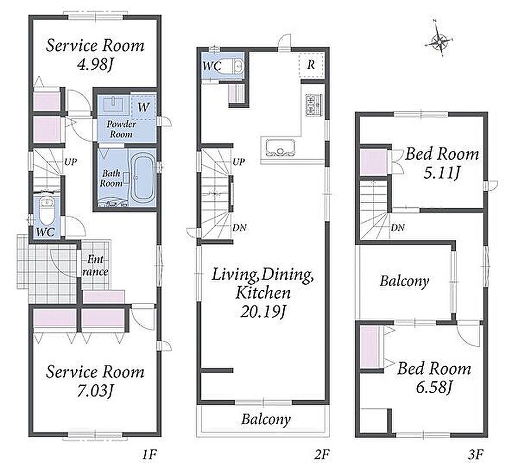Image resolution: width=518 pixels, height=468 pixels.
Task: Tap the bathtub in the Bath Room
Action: click(143, 178)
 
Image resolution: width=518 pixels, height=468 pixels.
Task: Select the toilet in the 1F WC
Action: click(47, 211)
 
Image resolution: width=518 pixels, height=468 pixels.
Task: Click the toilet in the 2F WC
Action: click(238, 66)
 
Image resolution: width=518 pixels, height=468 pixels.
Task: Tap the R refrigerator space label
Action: click(311, 65)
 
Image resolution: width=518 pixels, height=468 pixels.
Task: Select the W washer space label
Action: click(143, 107)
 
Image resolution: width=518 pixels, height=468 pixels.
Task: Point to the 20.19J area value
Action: click(263, 311)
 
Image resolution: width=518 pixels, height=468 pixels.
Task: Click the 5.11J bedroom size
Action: click(441, 173)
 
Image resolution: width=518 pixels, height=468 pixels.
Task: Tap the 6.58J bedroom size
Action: click(434, 387)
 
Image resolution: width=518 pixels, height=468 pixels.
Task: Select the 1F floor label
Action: click(149, 455)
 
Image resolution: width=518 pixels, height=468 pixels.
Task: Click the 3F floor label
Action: click(476, 455)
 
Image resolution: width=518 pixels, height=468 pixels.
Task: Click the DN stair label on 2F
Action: click(239, 228)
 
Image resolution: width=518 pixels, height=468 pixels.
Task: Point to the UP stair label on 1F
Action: click(70, 162)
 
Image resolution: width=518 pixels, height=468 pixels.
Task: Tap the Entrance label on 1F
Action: click(95, 266)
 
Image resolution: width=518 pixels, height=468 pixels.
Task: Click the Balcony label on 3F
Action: click(404, 281)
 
